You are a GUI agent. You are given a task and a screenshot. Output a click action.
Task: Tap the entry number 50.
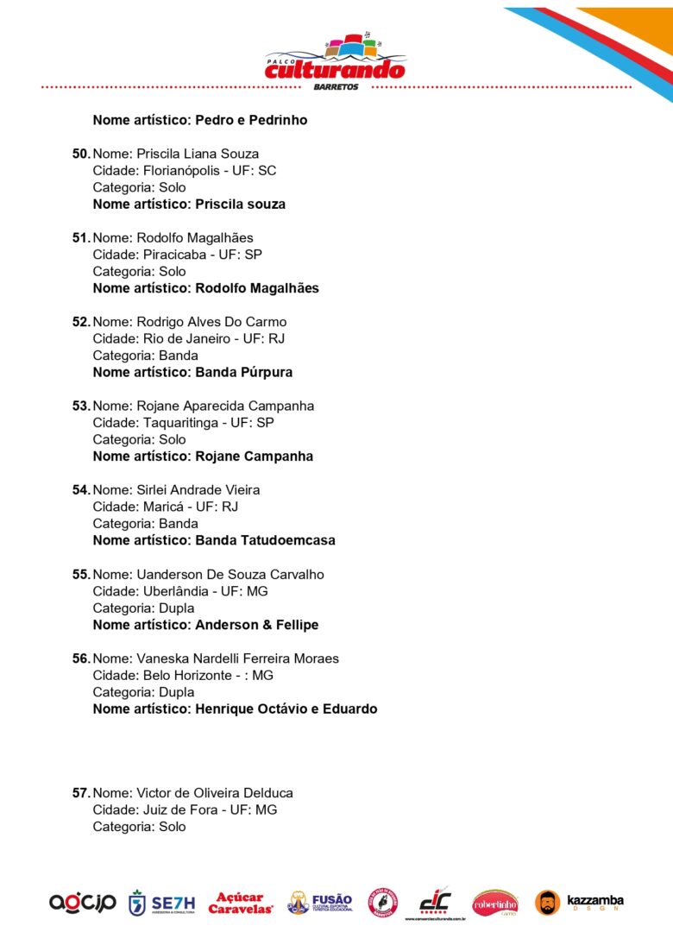(x=80, y=154)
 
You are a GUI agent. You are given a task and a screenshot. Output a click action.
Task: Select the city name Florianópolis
(x=183, y=171)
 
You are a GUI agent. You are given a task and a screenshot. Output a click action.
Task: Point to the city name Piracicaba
(x=176, y=255)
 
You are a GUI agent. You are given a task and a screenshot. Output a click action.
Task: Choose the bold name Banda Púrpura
(x=244, y=373)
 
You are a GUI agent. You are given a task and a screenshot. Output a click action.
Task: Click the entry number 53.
(x=80, y=406)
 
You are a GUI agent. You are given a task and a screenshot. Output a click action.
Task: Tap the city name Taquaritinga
(x=184, y=423)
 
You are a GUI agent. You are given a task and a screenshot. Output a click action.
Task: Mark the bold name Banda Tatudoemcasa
(x=266, y=540)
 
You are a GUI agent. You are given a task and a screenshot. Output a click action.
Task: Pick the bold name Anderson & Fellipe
(x=257, y=625)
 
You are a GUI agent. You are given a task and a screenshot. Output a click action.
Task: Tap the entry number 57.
(x=80, y=793)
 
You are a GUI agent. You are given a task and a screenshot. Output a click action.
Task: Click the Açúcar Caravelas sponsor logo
(x=241, y=904)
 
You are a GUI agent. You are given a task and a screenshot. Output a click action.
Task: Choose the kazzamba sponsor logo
(x=580, y=903)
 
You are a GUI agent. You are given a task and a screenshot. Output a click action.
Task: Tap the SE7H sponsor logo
(x=161, y=904)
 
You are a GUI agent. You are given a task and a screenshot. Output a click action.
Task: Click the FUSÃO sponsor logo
(x=320, y=904)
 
